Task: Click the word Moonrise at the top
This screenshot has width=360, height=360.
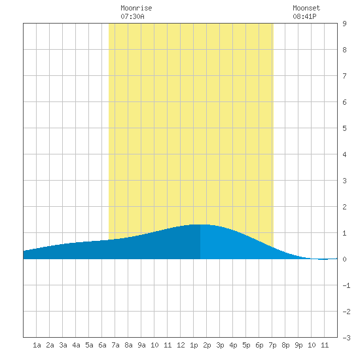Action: [x=136, y=8]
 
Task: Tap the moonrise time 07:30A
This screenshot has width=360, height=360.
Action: [x=132, y=16]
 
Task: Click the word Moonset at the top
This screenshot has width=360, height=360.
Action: [x=306, y=8]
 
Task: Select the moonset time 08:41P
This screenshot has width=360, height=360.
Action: [x=304, y=16]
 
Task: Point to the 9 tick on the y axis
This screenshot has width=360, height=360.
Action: [x=344, y=24]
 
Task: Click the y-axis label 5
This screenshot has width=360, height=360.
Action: [x=344, y=128]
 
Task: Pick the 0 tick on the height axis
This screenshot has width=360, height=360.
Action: [x=344, y=259]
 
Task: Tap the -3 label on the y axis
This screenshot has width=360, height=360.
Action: [x=346, y=338]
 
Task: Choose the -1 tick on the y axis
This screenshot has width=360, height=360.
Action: [x=346, y=285]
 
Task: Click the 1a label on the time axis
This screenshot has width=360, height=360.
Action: [x=37, y=345]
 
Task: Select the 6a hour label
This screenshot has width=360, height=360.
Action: [x=102, y=345]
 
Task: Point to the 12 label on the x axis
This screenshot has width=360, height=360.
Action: [x=181, y=345]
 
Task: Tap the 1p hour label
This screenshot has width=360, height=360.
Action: [x=194, y=345]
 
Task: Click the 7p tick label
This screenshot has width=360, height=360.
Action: [x=272, y=345]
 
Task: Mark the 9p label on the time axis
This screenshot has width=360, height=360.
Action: [x=298, y=345]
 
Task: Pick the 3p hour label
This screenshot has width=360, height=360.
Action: [x=220, y=345]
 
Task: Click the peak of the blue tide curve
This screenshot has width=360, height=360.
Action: [x=200, y=225]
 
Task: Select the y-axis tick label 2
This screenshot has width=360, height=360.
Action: [x=344, y=207]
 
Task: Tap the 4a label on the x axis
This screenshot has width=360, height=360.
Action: [x=76, y=345]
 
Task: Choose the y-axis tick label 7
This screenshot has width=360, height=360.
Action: [x=344, y=76]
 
